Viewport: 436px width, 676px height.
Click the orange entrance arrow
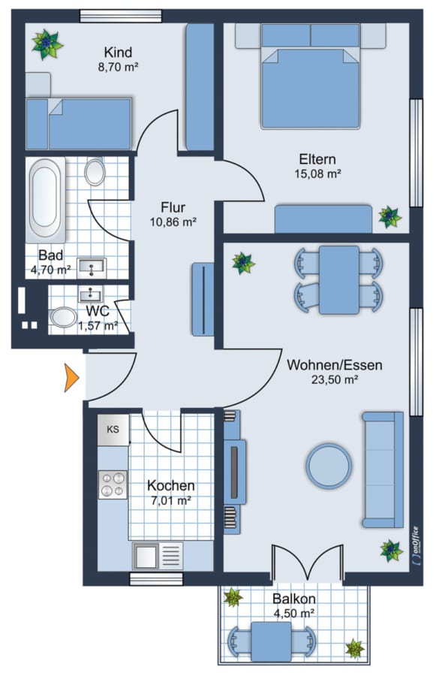[71, 378]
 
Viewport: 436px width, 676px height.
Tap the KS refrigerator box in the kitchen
[113, 430]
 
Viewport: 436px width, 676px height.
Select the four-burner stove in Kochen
[113, 484]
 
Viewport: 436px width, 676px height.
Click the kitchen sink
[158, 556]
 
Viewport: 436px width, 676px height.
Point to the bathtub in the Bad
[45, 200]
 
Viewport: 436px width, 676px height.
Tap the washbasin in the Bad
[92, 267]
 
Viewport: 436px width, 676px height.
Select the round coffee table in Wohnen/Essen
[329, 466]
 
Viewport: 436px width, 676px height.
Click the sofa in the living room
[383, 469]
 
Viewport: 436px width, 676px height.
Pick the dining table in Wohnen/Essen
[338, 280]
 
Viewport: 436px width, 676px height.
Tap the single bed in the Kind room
[78, 124]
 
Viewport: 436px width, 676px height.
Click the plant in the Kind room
[47, 44]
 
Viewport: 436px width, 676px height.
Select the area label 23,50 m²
[335, 379]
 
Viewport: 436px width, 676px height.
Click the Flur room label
[173, 207]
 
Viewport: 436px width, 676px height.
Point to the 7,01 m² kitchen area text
[171, 500]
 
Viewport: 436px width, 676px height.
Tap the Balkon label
[294, 599]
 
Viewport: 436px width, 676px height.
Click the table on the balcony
[272, 641]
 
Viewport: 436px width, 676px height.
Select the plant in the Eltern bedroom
[390, 217]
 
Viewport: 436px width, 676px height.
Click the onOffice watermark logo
[415, 545]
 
